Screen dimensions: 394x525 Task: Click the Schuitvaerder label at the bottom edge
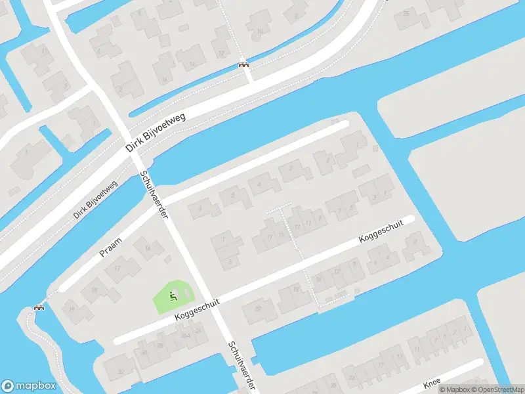241,366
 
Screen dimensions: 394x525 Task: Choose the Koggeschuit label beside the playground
197,309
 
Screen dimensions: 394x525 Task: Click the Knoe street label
432,383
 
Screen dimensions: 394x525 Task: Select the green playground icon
173,296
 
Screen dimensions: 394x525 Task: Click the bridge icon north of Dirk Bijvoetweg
244,64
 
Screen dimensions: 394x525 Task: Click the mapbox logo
28,385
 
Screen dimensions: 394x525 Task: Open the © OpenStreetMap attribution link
497,389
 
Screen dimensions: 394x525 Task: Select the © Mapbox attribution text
453,389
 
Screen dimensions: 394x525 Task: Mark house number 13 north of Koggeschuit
297,227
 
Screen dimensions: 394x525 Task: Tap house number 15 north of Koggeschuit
282,234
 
